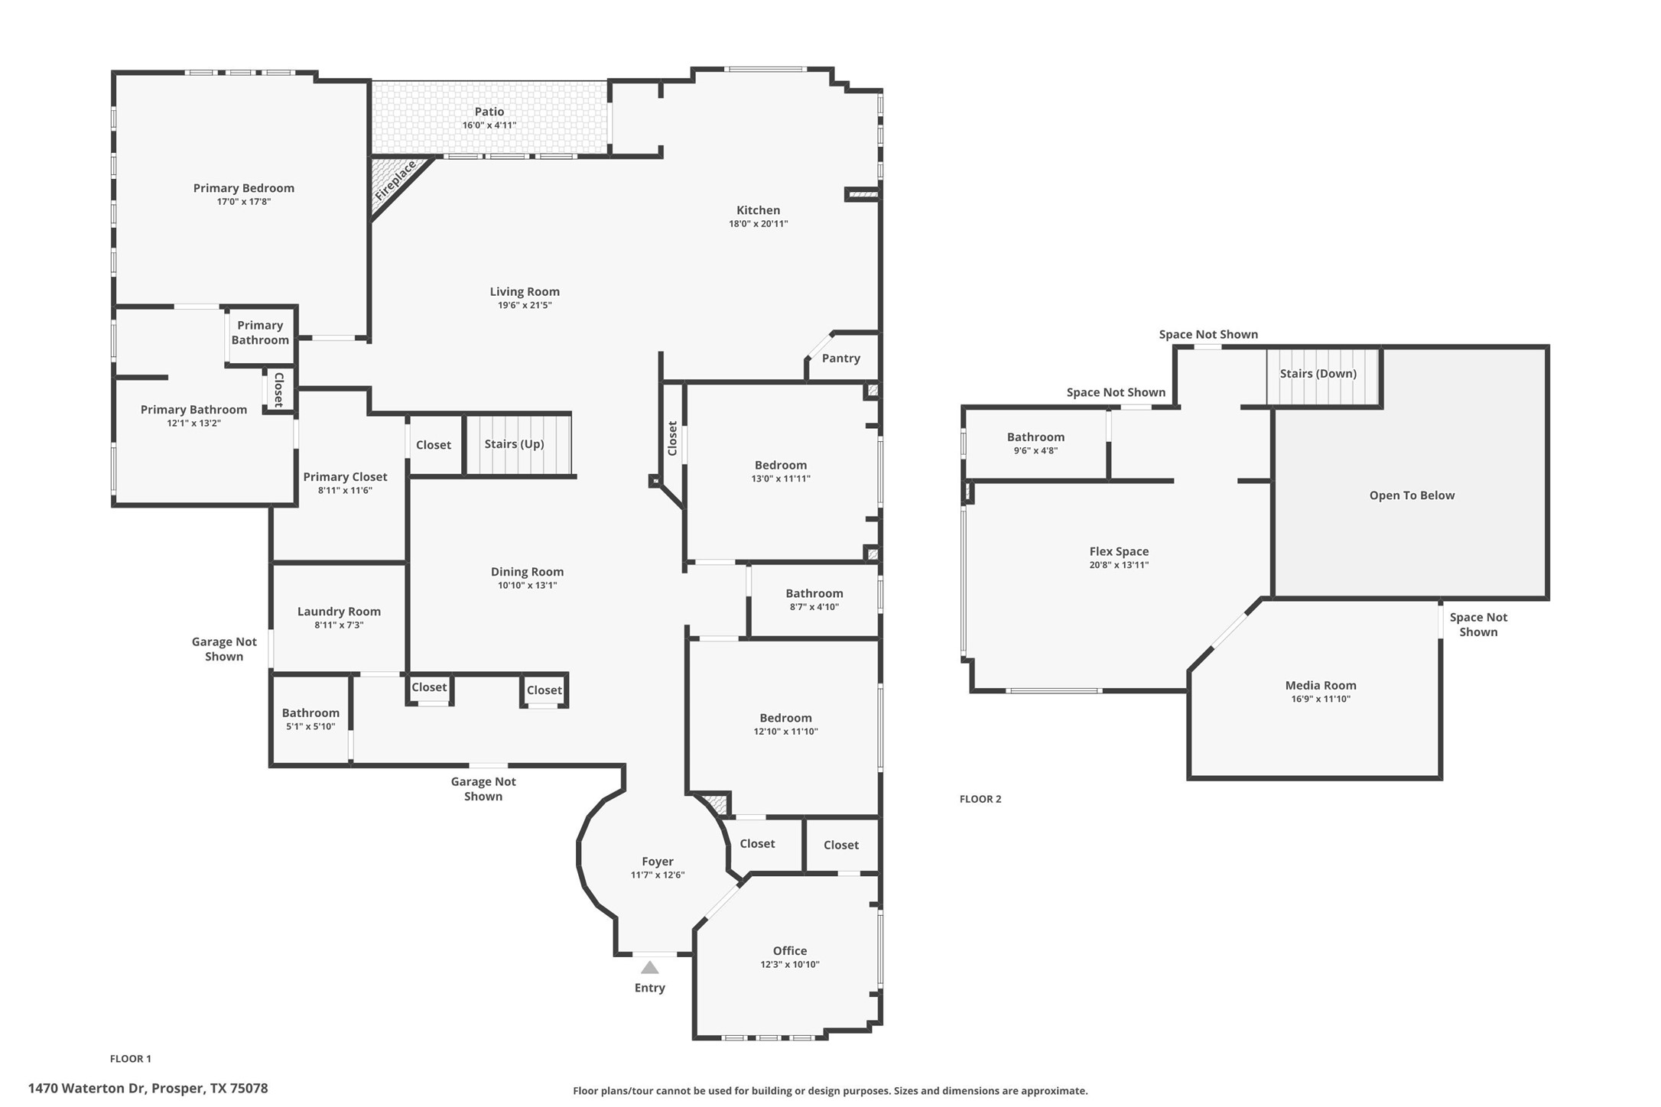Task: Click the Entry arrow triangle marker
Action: (649, 967)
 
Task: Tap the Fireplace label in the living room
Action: (395, 180)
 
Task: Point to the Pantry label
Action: (840, 359)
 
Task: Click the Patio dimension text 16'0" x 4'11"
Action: (489, 125)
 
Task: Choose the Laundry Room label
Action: (339, 612)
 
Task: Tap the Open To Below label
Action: (1412, 495)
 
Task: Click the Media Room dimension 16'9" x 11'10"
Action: (1321, 699)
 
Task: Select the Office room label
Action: (789, 951)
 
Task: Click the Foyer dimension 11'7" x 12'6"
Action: (657, 875)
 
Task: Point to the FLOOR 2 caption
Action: (980, 799)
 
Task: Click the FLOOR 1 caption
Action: (131, 1059)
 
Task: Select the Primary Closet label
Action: (345, 477)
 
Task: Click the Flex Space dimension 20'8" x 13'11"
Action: (1119, 565)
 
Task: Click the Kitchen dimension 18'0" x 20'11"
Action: (758, 224)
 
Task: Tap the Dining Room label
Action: (527, 572)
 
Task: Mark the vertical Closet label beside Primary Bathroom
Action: (278, 390)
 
